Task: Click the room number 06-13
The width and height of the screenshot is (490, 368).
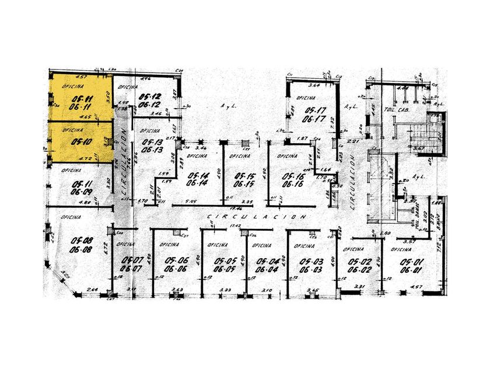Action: (x=151, y=150)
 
